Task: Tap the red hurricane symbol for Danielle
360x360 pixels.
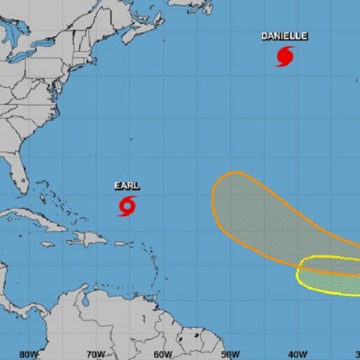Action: pos(284,56)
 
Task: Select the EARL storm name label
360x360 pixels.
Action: pos(127,186)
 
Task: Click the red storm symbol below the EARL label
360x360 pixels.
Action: pos(127,206)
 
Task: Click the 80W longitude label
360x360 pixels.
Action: pos(28,354)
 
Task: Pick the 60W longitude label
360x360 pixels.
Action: pos(163,354)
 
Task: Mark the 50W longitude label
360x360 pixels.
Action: pos(230,354)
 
